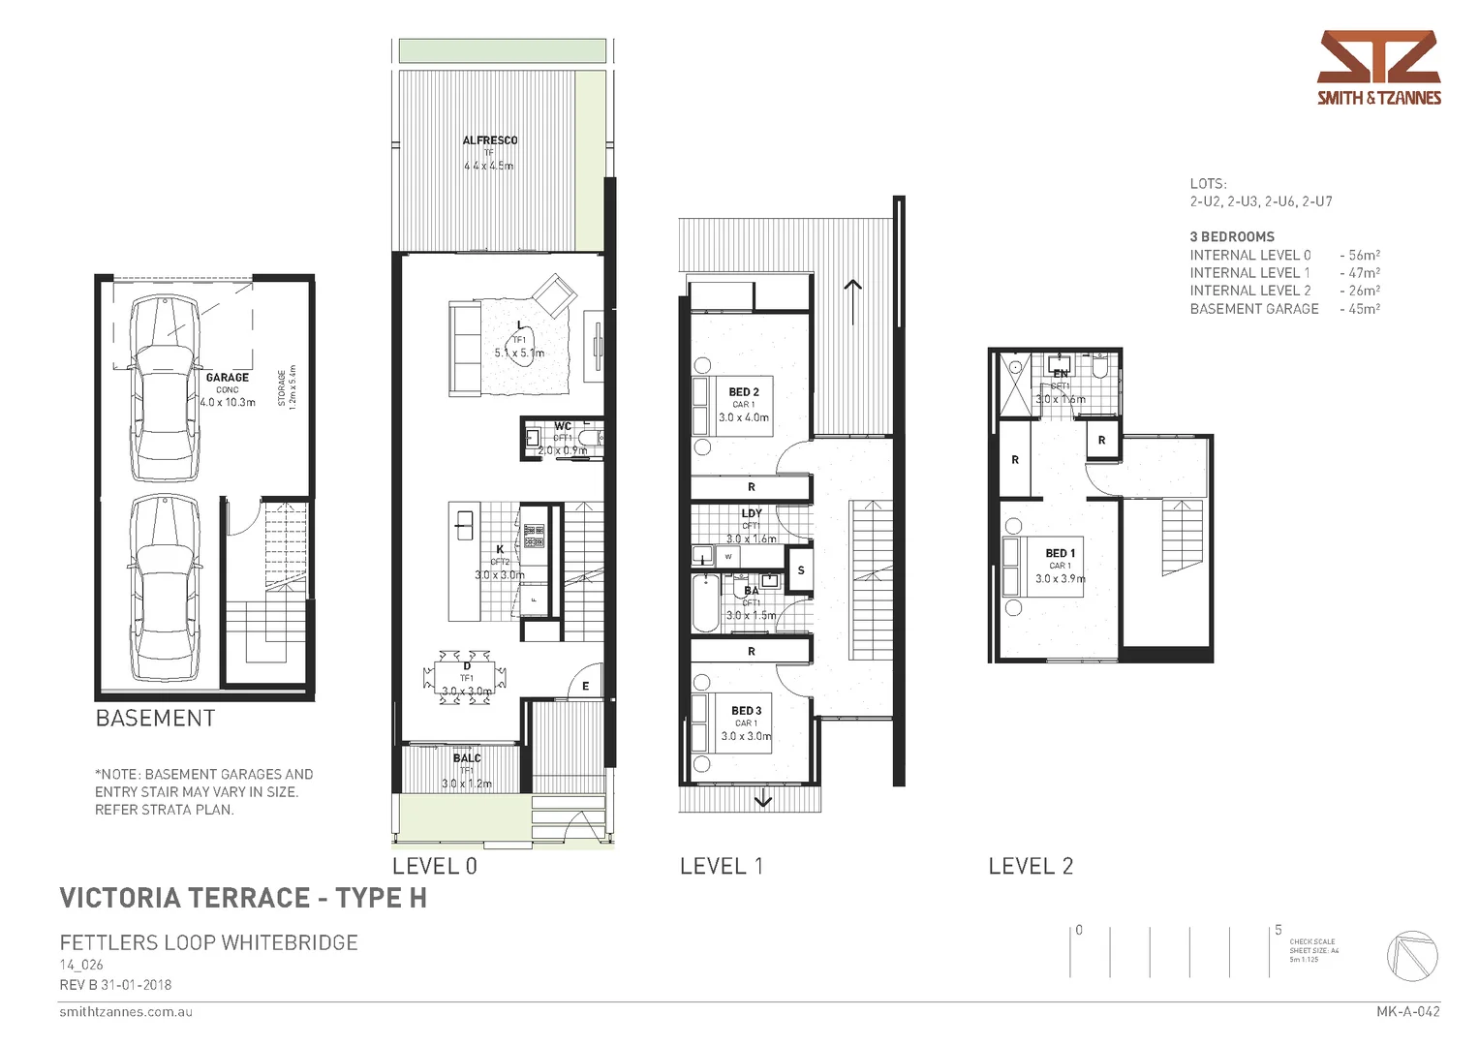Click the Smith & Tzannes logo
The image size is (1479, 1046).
pyautogui.click(x=1378, y=67)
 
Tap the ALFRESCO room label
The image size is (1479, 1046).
pyautogui.click(x=489, y=140)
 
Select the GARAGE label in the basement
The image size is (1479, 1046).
pyautogui.click(x=227, y=378)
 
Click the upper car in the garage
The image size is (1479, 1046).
pyautogui.click(x=164, y=387)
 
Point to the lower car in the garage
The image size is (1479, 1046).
pyautogui.click(x=164, y=587)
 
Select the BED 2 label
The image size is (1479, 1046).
pyautogui.click(x=743, y=392)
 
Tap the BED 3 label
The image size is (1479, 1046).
pyautogui.click(x=746, y=711)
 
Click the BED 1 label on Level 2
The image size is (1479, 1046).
pyautogui.click(x=1060, y=553)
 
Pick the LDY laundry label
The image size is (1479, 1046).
pyautogui.click(x=752, y=513)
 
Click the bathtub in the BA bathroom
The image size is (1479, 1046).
pyautogui.click(x=705, y=602)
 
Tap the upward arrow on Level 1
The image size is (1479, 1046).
pyautogui.click(x=852, y=289)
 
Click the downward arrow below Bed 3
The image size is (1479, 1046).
pyautogui.click(x=762, y=799)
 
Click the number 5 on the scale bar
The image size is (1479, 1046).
pyautogui.click(x=1278, y=930)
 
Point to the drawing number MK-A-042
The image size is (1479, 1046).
pyautogui.click(x=1407, y=1012)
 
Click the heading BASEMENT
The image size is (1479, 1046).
pyautogui.click(x=155, y=719)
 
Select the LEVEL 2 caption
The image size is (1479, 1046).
pyautogui.click(x=1031, y=867)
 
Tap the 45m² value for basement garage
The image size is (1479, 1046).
pyautogui.click(x=1364, y=309)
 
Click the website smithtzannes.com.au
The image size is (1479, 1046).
pyautogui.click(x=126, y=1012)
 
